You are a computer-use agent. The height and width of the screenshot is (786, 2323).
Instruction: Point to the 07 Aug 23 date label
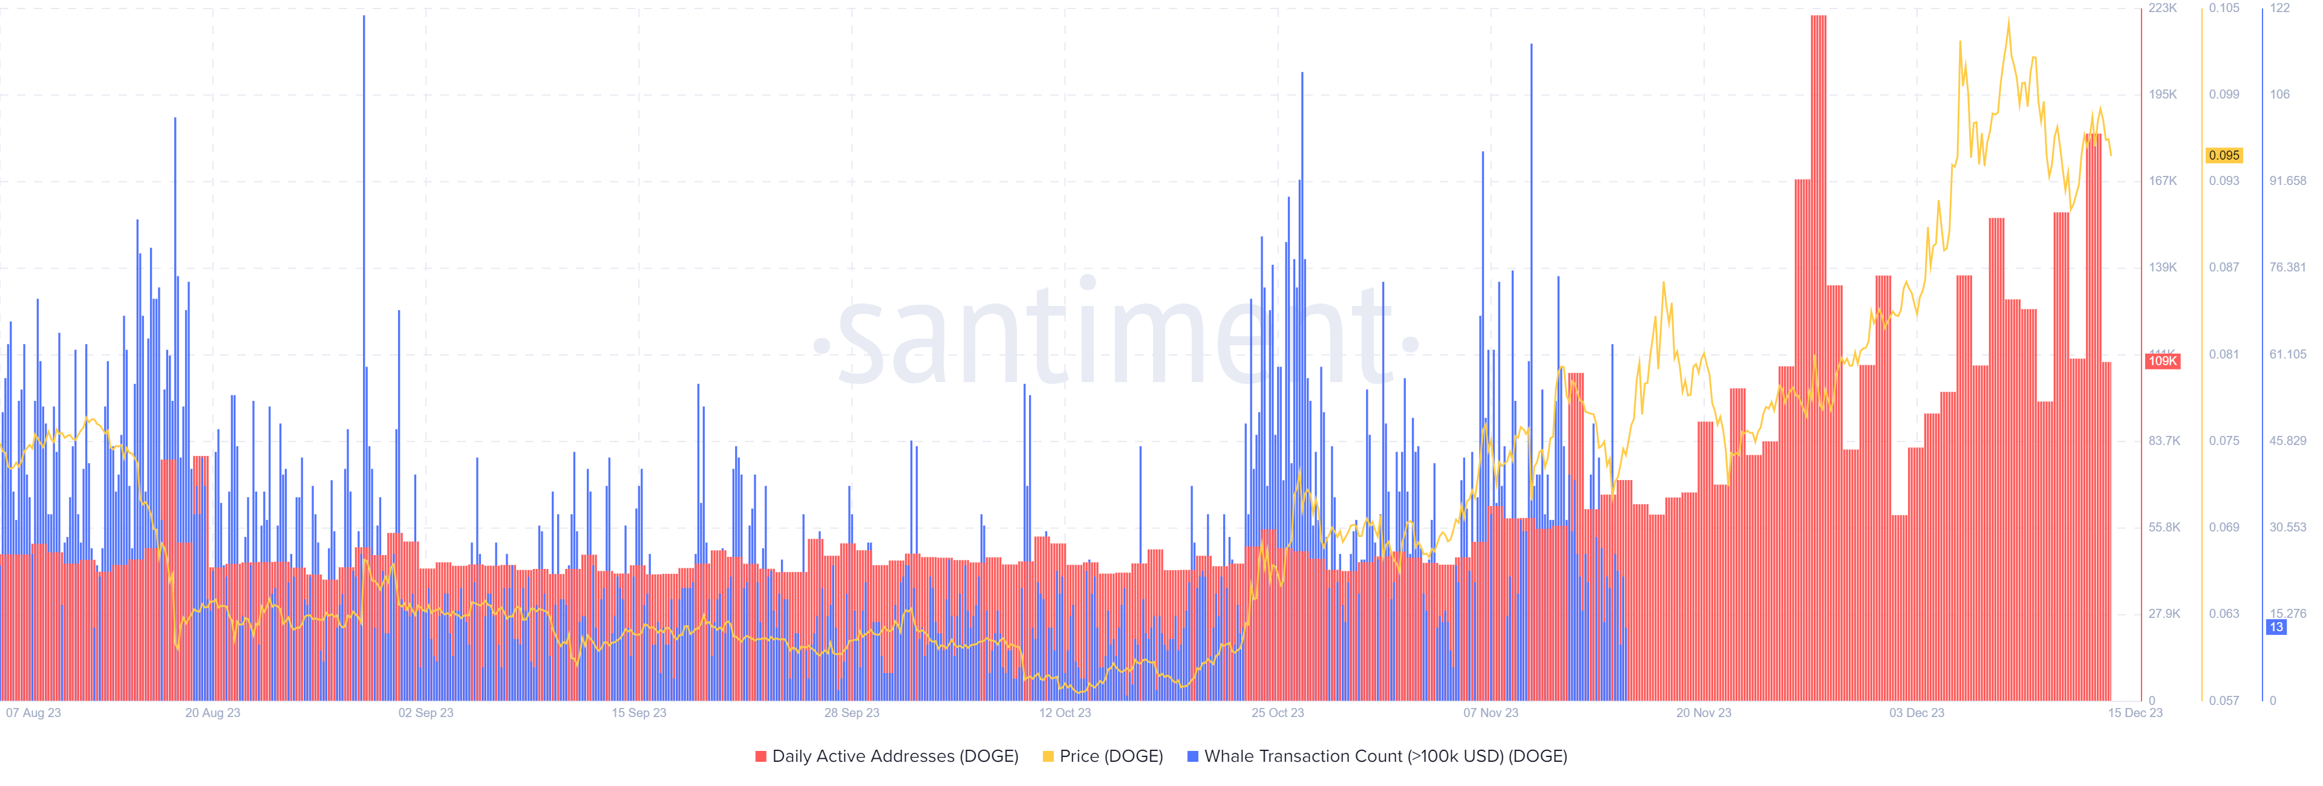(33, 713)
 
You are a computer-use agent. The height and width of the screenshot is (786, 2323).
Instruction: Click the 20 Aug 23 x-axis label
(213, 713)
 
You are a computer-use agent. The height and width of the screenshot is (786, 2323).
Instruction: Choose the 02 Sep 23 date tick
(426, 713)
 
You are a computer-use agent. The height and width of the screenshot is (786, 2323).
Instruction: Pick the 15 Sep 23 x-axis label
(638, 713)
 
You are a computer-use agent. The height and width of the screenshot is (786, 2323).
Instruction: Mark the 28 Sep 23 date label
(851, 713)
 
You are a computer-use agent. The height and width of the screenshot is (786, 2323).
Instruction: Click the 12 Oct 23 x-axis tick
(1064, 713)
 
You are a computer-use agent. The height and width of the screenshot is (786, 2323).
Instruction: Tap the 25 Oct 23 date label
(1277, 713)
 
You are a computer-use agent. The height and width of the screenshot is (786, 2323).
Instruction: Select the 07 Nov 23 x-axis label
(1491, 713)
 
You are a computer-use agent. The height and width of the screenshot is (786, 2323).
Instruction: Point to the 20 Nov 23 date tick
(1704, 713)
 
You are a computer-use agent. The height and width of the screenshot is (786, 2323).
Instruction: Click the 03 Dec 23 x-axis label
(1916, 713)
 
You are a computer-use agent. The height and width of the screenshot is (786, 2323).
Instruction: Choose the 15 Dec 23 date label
(2134, 713)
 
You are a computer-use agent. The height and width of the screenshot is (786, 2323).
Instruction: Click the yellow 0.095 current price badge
(2224, 155)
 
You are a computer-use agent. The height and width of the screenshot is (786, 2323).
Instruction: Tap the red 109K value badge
(2163, 362)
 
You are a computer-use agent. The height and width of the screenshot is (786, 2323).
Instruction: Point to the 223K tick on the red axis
(2163, 8)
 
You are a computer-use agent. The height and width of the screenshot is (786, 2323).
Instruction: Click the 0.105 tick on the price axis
(2224, 8)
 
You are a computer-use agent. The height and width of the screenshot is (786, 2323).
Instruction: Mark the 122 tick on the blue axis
(2279, 8)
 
